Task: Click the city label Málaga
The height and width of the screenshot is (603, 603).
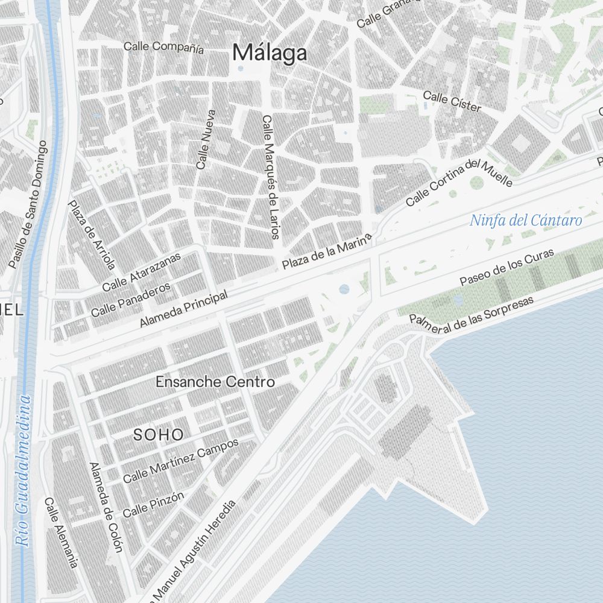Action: [270, 53]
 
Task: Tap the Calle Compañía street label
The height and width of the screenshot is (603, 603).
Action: [163, 47]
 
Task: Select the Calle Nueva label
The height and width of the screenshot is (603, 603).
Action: [206, 139]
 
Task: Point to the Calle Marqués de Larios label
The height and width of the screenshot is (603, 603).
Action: [270, 177]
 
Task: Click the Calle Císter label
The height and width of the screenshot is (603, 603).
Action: [452, 102]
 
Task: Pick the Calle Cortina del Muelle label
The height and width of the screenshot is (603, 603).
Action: [459, 182]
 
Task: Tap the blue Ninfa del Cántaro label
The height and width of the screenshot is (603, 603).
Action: [526, 220]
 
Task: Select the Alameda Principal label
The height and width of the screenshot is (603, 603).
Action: [184, 309]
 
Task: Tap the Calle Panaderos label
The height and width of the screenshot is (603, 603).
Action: [131, 300]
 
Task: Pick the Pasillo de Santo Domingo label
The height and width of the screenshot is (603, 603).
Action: [28, 204]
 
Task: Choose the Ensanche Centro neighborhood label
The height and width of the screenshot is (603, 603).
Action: [215, 382]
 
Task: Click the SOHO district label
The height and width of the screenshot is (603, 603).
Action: [159, 435]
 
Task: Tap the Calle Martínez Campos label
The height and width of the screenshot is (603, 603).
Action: [181, 460]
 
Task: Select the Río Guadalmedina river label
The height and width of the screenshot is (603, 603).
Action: [24, 470]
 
